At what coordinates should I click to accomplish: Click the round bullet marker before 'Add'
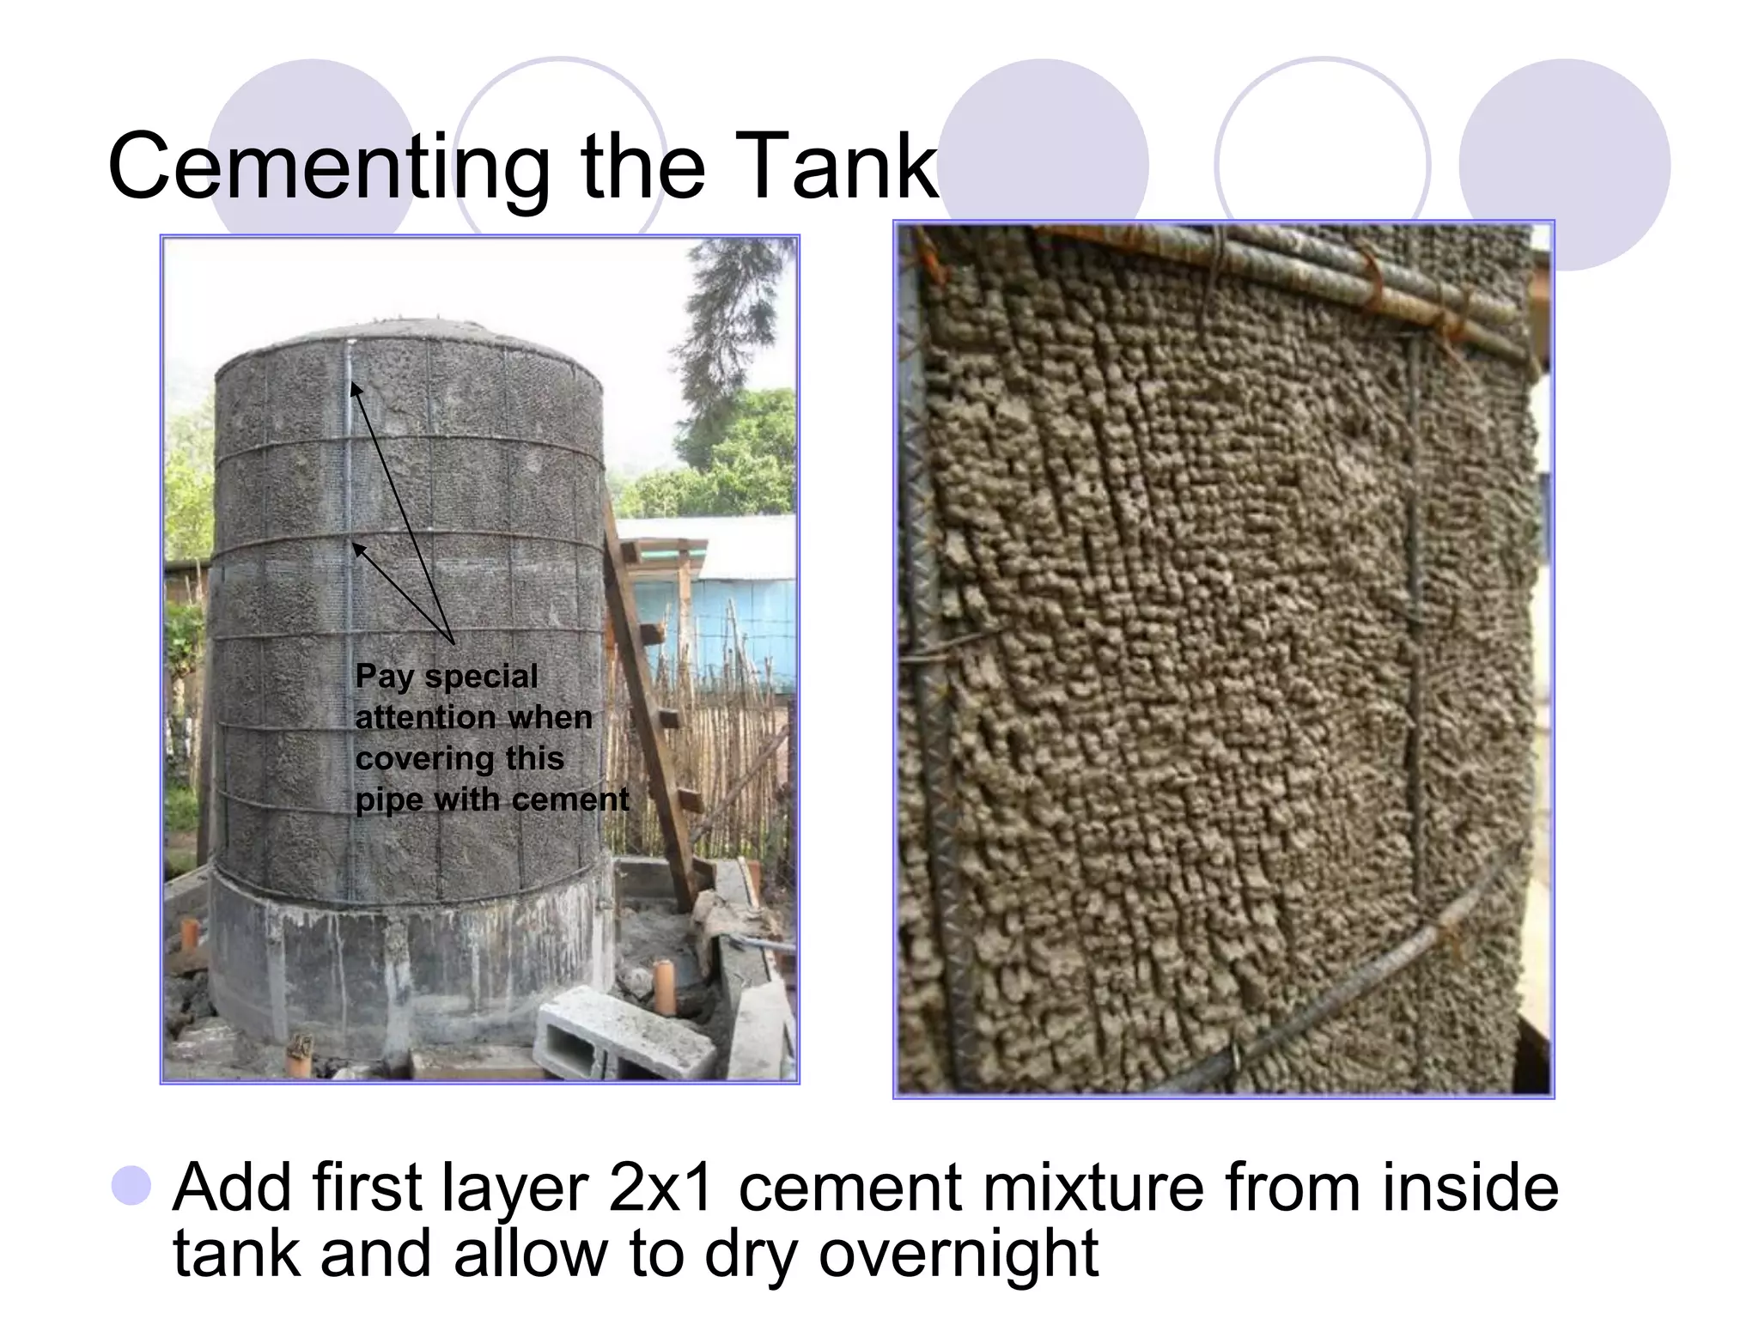(131, 1186)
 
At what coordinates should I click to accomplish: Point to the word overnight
(959, 1255)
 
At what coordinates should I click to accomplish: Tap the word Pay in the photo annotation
(384, 677)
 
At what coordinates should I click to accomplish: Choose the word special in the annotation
(481, 677)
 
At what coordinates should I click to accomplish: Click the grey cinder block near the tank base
(623, 1034)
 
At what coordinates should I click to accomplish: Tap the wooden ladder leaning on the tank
(653, 704)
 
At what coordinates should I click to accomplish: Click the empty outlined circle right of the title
(1322, 163)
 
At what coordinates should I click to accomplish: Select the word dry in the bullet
(753, 1255)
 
